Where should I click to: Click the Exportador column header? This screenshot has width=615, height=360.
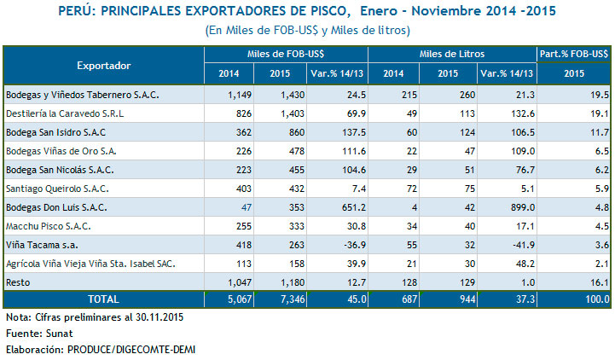pyautogui.click(x=103, y=65)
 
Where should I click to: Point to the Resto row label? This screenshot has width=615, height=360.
pyautogui.click(x=18, y=282)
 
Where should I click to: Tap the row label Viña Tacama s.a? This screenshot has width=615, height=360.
pyautogui.click(x=40, y=245)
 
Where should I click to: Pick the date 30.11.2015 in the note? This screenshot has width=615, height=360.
pyautogui.click(x=156, y=317)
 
